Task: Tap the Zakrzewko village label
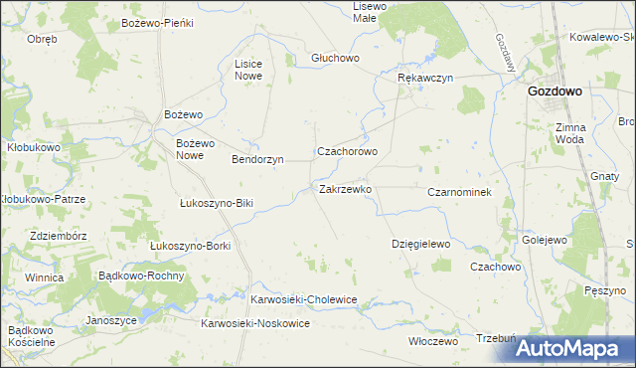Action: [345, 188]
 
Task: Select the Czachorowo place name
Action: [347, 152]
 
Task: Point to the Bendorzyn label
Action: [257, 159]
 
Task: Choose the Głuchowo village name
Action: [333, 57]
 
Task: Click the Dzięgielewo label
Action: [421, 244]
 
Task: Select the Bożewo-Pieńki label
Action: [156, 22]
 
